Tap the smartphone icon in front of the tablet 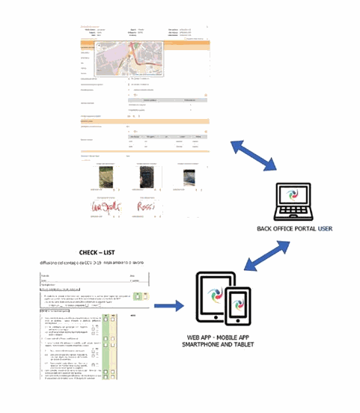point(237,307)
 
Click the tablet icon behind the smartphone point(215,298)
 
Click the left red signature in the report point(100,205)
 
